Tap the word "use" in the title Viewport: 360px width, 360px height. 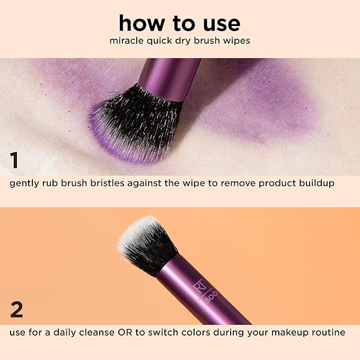click(x=218, y=23)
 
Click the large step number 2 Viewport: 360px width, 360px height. click(x=16, y=310)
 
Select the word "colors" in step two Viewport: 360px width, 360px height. click(x=203, y=332)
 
